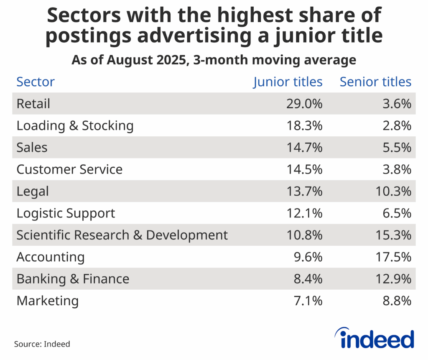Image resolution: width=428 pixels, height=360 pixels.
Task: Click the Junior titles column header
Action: click(x=288, y=82)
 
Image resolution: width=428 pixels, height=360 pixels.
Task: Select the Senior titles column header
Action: click(x=375, y=82)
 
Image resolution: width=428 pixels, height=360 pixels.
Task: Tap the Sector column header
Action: click(x=36, y=82)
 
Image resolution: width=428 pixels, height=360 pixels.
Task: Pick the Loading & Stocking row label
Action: click(x=75, y=125)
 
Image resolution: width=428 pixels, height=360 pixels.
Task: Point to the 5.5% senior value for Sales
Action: click(x=397, y=148)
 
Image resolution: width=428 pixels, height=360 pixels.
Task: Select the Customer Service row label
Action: click(x=69, y=169)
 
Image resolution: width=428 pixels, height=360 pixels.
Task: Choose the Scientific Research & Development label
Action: click(x=122, y=235)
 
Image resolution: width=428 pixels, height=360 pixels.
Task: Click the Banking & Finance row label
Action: click(x=73, y=279)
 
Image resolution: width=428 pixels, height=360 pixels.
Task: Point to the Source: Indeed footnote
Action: click(x=42, y=344)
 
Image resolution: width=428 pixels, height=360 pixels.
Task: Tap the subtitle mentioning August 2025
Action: click(x=214, y=60)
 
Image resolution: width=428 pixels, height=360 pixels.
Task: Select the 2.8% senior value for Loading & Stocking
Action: click(x=397, y=125)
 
